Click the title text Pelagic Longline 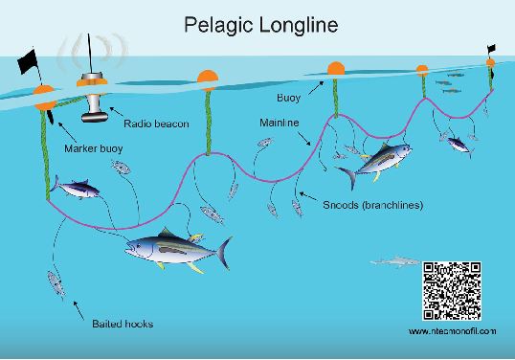(261, 25)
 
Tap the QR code (452, 291)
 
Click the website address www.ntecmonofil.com (452, 331)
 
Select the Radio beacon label (156, 124)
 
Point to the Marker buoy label (94, 148)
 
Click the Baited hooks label (123, 324)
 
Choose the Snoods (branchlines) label (372, 205)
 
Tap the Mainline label (280, 123)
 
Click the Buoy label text (288, 98)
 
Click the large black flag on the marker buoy (28, 61)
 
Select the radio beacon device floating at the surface (93, 98)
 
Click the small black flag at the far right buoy (491, 49)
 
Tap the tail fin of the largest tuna (224, 253)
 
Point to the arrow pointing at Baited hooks (78, 310)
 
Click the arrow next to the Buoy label (316, 88)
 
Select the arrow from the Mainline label (303, 139)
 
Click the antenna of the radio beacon (89, 54)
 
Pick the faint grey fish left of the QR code (395, 261)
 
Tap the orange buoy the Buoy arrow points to (336, 69)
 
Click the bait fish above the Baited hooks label (56, 284)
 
